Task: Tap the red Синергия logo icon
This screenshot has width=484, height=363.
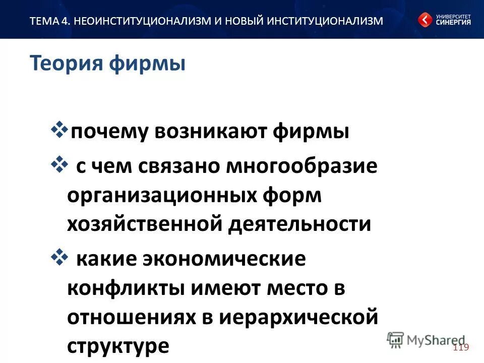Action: (x=425, y=20)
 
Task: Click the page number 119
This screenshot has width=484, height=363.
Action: (x=461, y=347)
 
